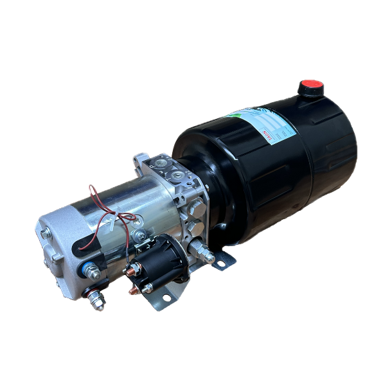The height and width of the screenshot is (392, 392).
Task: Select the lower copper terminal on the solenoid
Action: coord(134,290)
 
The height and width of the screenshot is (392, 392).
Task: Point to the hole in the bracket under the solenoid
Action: coord(166,298)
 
